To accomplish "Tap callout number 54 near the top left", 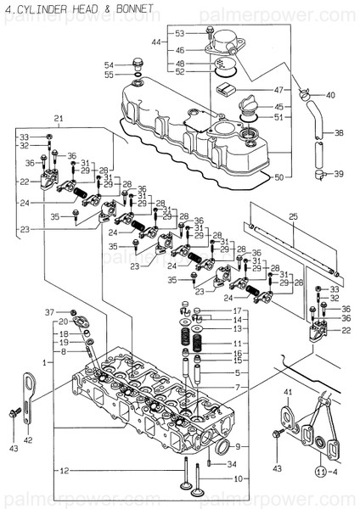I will [x=110, y=65].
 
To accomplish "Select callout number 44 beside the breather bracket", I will [x=156, y=42].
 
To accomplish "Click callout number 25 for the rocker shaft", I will [x=295, y=218].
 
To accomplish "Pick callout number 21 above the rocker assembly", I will [x=59, y=118].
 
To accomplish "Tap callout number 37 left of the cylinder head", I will [x=49, y=312].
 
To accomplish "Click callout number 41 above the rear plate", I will [x=288, y=391].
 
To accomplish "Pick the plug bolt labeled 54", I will [x=135, y=63].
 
